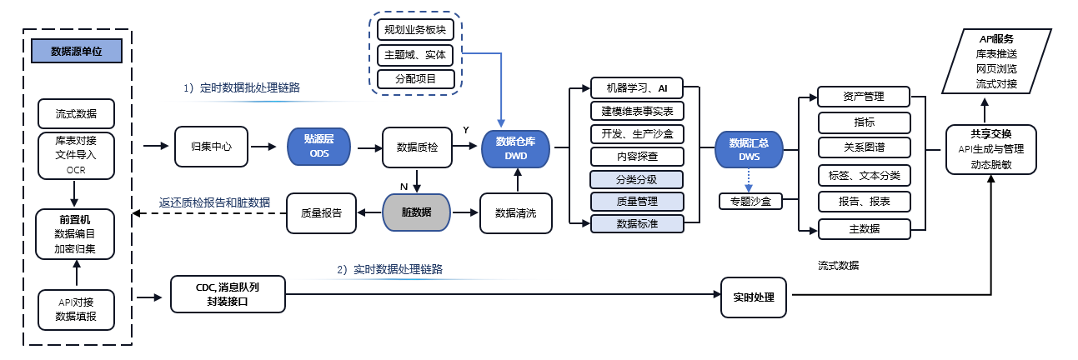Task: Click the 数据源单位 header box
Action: pos(77,51)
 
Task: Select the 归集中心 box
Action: pos(204,146)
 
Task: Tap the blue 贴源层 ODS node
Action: pos(320,146)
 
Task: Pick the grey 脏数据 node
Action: pos(416,212)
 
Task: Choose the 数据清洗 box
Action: pos(516,212)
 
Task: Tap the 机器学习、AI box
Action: pos(636,87)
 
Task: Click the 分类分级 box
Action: pos(636,178)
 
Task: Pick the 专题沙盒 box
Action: pos(750,201)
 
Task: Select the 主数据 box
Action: pos(863,227)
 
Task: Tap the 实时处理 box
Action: pos(754,296)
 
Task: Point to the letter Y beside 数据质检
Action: pos(465,130)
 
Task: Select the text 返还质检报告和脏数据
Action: pos(214,202)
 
